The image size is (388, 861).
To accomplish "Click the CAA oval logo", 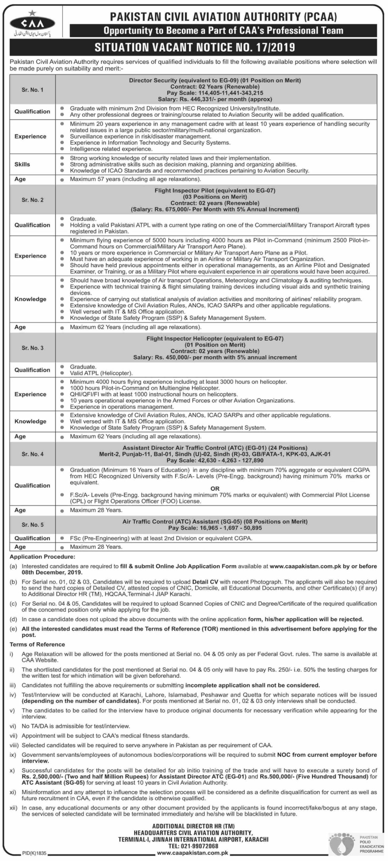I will point(32,23).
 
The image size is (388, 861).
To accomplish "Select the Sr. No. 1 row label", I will point(32,90).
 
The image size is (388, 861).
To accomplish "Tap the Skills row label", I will point(22,164).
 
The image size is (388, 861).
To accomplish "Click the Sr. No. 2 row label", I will point(32,200).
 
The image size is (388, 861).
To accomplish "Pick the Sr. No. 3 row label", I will point(32,348).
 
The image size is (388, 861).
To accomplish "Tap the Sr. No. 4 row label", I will point(32,454).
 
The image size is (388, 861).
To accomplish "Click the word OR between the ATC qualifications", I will point(215,489).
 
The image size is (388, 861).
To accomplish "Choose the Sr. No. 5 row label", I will point(32,525).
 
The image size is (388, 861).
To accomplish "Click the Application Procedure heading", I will point(42,557).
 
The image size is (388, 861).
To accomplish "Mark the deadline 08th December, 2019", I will point(52,572).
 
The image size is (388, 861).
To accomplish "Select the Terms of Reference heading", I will point(37,644).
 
